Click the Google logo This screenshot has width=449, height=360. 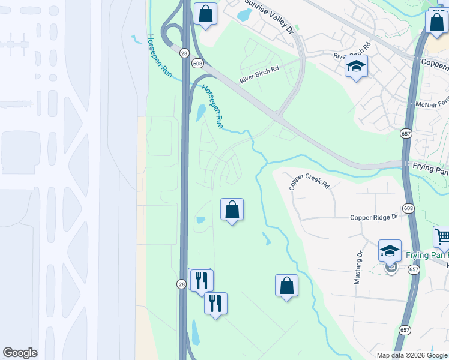pyautogui.click(x=20, y=353)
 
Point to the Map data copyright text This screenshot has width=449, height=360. pyautogui.click(x=412, y=355)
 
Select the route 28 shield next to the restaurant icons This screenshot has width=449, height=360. pyautogui.click(x=181, y=284)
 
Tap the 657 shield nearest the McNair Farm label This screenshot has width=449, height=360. pyautogui.click(x=406, y=133)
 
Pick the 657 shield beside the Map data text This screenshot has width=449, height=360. pyautogui.click(x=404, y=329)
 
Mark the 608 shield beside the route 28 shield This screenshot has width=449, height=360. pyautogui.click(x=197, y=63)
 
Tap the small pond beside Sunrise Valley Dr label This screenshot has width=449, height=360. pyautogui.click(x=246, y=16)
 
